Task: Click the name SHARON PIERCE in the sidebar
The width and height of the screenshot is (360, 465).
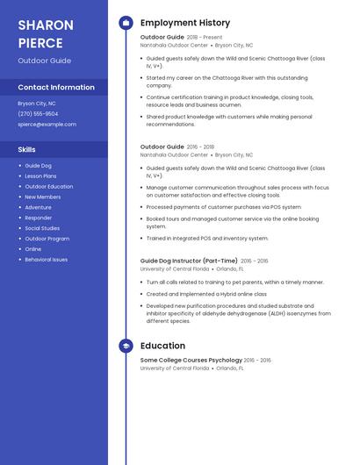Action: tap(40, 32)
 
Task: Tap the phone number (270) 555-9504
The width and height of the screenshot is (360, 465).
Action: tap(38, 113)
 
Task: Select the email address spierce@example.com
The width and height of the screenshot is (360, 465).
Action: tap(47, 124)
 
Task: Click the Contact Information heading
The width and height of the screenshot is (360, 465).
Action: tap(56, 87)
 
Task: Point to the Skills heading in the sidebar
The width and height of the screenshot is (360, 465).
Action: tap(26, 149)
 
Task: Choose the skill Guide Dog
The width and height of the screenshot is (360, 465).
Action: tap(38, 165)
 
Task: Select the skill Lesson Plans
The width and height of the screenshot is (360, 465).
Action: tap(40, 175)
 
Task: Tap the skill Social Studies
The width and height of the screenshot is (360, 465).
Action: tap(42, 228)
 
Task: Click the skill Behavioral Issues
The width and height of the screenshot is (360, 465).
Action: tap(46, 260)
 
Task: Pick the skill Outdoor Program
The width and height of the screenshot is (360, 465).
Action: tap(47, 239)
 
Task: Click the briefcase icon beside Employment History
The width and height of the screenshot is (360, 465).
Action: tap(126, 23)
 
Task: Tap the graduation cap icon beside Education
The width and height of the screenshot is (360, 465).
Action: tap(126, 346)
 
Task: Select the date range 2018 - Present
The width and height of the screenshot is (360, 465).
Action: tap(205, 38)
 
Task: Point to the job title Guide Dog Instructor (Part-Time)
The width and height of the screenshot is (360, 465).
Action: tap(189, 261)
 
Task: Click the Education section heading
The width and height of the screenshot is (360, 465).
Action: tap(162, 346)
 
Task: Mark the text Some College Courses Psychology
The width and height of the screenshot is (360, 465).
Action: tap(191, 360)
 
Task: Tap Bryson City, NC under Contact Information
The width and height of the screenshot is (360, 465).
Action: tap(37, 103)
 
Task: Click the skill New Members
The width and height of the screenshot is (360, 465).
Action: tap(42, 197)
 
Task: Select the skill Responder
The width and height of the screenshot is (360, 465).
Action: tap(38, 218)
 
